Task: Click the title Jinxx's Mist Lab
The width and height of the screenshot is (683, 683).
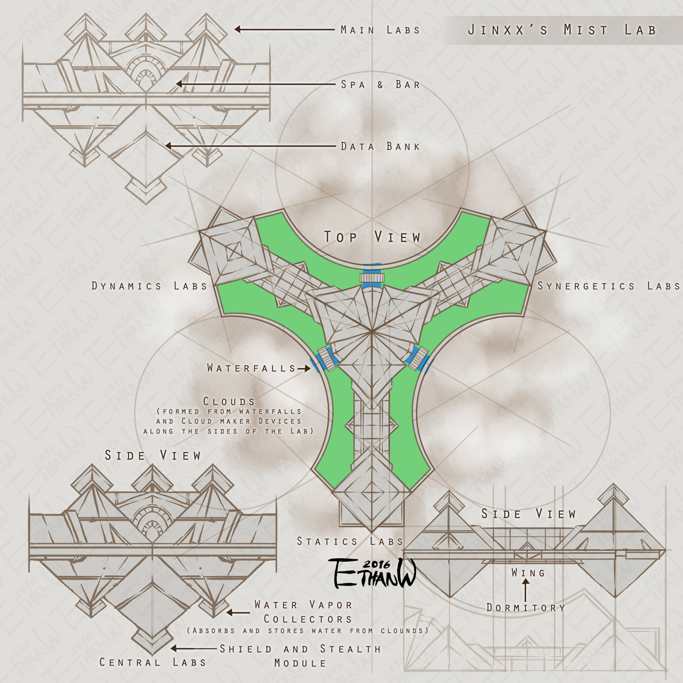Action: coord(562,30)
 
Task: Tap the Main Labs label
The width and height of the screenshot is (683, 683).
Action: coord(380,30)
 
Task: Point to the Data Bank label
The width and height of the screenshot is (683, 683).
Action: coord(380,147)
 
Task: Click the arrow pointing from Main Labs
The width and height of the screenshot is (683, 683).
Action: coord(285,29)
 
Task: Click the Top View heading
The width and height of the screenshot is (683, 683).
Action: coord(372,237)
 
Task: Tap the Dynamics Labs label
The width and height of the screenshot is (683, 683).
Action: coord(149,286)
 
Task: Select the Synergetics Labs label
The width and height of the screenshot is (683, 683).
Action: coord(609,286)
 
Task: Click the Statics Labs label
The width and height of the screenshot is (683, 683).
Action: coord(350,541)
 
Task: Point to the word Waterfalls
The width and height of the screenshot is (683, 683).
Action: coord(251,368)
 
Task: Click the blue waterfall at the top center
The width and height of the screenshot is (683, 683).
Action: coord(372,276)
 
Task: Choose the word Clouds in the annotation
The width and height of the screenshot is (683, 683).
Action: coord(229,401)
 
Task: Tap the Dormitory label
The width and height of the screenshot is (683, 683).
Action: coord(526,608)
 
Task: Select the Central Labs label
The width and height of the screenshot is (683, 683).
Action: coord(153,662)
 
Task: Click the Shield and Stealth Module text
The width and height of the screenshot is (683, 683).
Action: coord(300,655)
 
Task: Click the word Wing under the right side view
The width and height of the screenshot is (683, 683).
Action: coord(528,573)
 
